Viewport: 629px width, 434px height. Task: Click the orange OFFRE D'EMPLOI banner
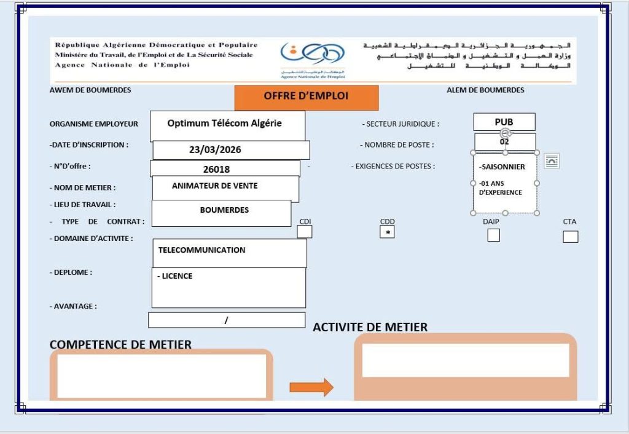tap(306, 97)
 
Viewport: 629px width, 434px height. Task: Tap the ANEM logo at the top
tap(312, 58)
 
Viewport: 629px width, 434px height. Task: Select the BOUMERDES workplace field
tap(224, 210)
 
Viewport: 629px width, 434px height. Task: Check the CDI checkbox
tap(305, 232)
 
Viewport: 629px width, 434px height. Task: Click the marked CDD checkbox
tap(387, 232)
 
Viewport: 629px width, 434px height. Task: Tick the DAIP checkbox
tap(493, 235)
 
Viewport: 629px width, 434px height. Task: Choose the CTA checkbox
tap(570, 237)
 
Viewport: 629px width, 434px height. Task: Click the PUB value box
tap(504, 122)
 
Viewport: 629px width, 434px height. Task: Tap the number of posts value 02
tap(504, 141)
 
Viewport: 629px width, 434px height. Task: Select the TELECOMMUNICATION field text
tap(201, 250)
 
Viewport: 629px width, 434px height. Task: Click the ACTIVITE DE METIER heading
tap(370, 327)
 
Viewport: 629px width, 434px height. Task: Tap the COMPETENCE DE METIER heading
tap(120, 345)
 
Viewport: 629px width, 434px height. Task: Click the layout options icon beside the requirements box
tap(552, 161)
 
